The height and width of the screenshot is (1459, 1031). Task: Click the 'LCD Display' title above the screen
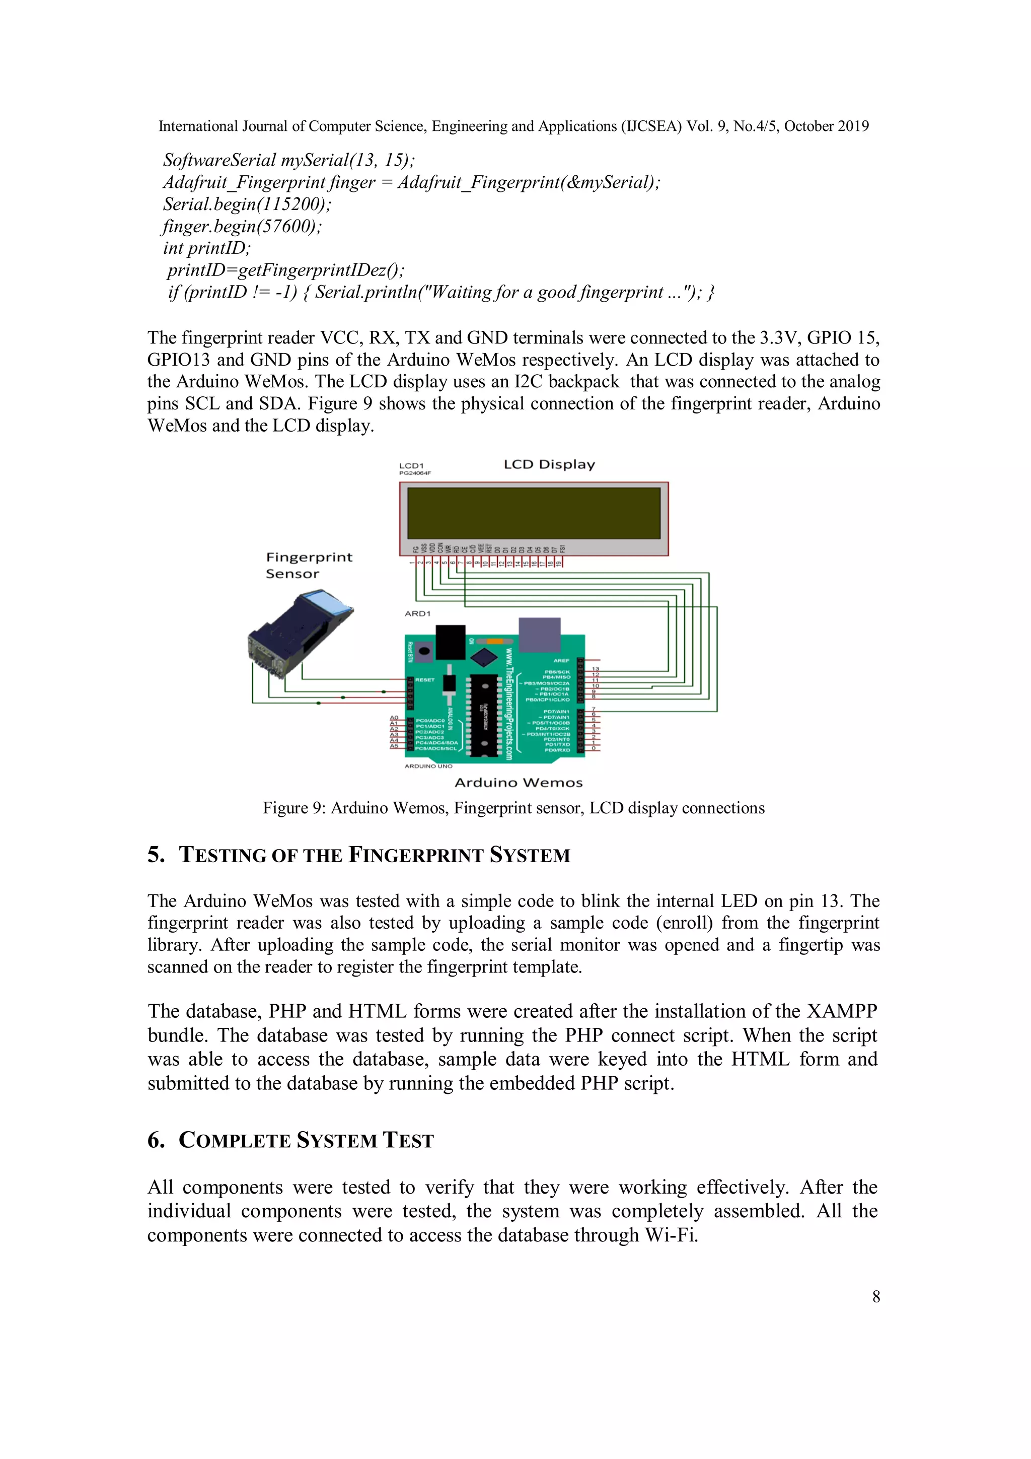[x=549, y=464]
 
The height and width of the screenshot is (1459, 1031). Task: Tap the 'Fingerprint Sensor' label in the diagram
[x=308, y=565]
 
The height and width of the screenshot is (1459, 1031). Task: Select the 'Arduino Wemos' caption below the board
[x=519, y=783]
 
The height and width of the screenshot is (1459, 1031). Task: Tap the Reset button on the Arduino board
[x=424, y=651]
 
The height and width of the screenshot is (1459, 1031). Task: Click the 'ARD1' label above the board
[x=417, y=614]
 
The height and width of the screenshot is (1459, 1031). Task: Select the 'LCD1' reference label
[x=411, y=466]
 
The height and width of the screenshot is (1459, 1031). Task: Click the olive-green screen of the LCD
[x=534, y=513]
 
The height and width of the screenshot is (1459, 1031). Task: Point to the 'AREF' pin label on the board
[x=561, y=661]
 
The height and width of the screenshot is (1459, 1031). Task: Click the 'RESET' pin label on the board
[x=425, y=680]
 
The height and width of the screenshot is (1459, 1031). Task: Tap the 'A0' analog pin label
[x=394, y=718]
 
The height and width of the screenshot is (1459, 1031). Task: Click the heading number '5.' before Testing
[x=156, y=855]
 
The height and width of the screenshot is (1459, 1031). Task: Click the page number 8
[x=876, y=1296]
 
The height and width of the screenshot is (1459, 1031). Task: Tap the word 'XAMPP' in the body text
[x=842, y=1011]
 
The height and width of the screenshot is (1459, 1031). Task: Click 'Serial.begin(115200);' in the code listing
[x=247, y=204]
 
